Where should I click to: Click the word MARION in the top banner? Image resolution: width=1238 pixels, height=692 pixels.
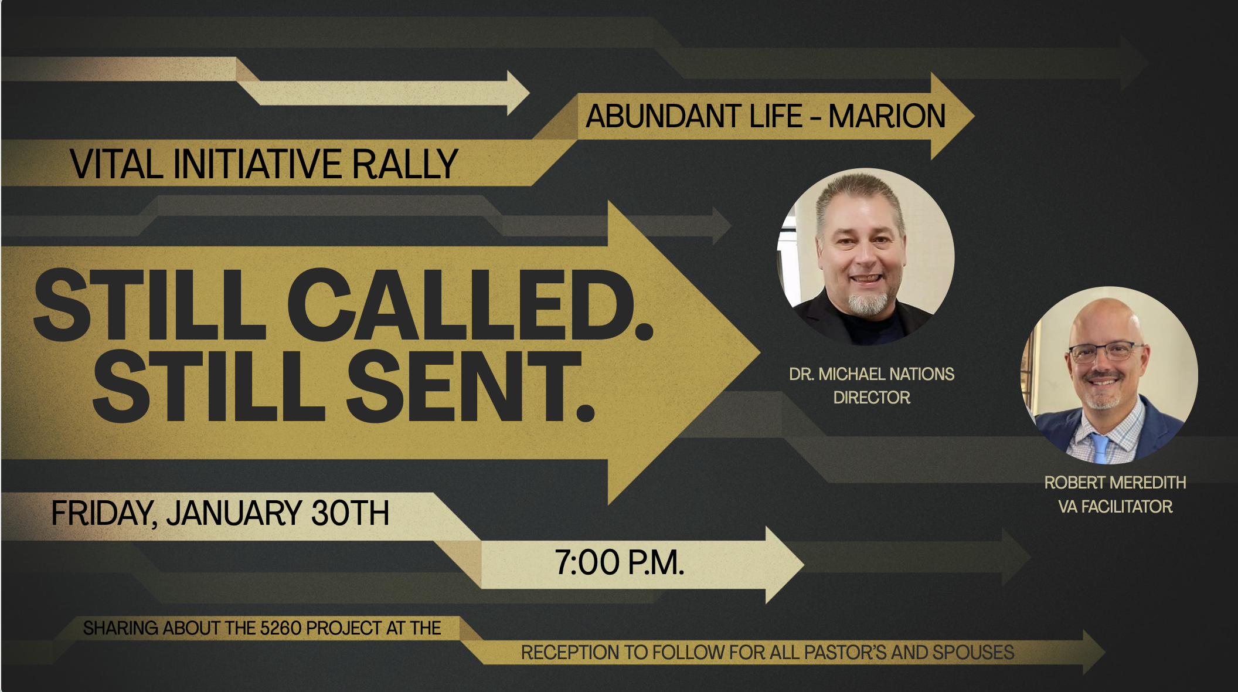point(886,116)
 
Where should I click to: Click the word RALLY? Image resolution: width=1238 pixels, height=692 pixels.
point(404,164)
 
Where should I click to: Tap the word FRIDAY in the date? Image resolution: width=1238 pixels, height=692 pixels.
point(103,514)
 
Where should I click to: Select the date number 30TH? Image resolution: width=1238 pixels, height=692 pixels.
point(350,514)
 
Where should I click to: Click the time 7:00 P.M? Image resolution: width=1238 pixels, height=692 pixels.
point(620,563)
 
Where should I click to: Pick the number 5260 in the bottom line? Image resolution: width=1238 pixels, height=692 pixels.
point(280,629)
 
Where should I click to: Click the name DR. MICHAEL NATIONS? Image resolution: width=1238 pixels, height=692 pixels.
point(872,374)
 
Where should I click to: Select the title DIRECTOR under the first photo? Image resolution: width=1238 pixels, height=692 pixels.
point(872,398)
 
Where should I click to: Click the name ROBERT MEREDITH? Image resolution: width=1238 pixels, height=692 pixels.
point(1115,483)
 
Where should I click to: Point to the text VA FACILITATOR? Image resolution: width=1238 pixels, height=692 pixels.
point(1115,507)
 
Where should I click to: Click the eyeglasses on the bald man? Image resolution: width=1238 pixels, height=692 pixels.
point(1104,352)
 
